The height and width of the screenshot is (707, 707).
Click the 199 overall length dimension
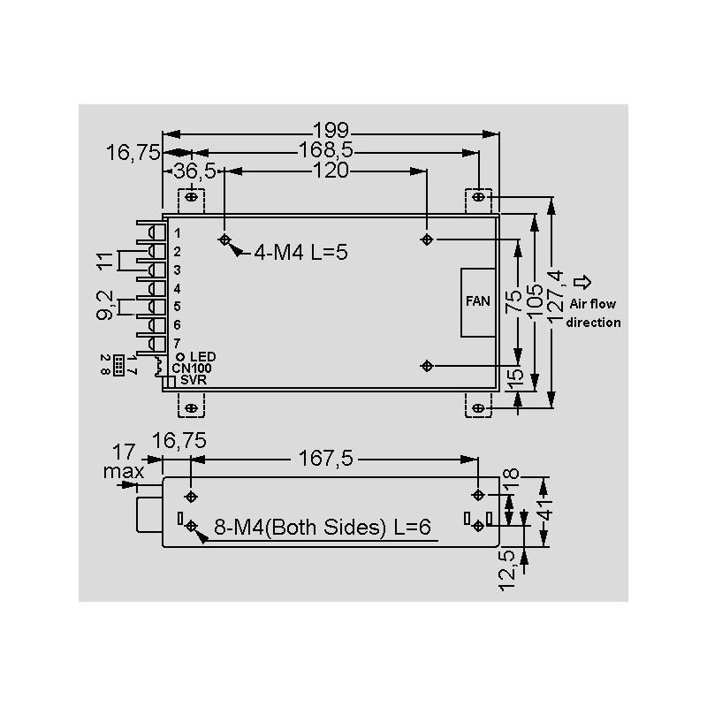331,130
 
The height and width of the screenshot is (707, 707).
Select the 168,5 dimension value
326,149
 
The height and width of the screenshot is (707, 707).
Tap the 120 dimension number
331,171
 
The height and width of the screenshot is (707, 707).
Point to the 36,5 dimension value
194,171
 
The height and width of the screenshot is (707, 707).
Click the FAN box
478,302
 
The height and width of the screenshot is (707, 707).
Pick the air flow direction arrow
582,282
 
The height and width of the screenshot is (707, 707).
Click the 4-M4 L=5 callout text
300,252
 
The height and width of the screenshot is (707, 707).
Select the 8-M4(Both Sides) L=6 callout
322,527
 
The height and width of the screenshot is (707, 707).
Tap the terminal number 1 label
178,233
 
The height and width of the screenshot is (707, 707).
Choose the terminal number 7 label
178,343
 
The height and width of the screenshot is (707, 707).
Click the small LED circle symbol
180,357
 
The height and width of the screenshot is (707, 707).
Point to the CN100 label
192,369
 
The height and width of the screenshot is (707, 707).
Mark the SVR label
194,380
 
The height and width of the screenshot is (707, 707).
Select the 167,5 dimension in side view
325,459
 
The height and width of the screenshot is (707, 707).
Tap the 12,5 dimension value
507,569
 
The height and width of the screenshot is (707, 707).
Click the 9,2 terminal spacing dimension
104,305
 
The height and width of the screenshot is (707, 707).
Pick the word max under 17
124,472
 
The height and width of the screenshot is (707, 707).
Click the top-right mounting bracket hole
478,197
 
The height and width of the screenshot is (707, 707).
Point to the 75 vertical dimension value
513,301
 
